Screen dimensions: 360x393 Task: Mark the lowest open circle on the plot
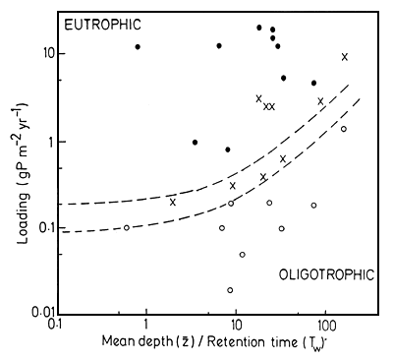(x=230, y=290)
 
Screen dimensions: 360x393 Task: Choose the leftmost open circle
(x=127, y=227)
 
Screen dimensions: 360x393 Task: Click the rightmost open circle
(x=344, y=129)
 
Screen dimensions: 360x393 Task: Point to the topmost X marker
(x=345, y=57)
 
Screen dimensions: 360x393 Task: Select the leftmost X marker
(x=173, y=202)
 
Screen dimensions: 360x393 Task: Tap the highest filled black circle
(x=259, y=28)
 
